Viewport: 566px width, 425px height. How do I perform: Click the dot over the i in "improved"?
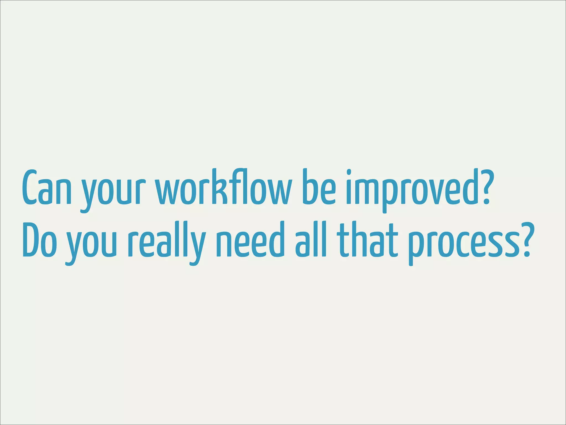pyautogui.click(x=349, y=172)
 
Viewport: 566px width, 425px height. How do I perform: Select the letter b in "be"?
pyautogui.click(x=309, y=187)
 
